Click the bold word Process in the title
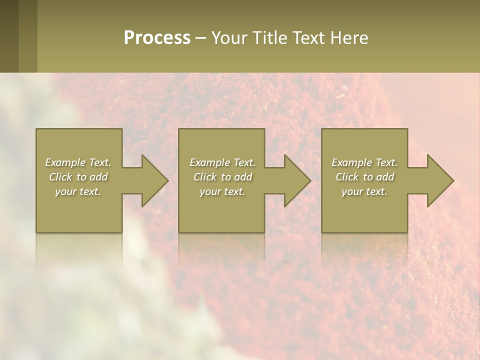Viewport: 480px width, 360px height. click(x=157, y=38)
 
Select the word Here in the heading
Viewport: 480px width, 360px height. click(x=349, y=38)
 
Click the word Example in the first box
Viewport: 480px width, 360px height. click(x=65, y=162)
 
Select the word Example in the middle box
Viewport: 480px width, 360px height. click(x=209, y=162)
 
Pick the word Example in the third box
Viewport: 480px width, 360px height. click(x=351, y=162)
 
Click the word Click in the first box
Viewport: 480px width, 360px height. click(x=60, y=177)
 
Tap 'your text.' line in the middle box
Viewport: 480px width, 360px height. click(x=222, y=191)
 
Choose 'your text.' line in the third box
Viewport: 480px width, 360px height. click(x=364, y=191)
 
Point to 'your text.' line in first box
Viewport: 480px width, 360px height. click(x=77, y=191)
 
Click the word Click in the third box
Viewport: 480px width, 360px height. click(x=347, y=177)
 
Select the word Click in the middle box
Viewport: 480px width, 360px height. click(x=205, y=177)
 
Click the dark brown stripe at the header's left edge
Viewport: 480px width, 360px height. click(x=9, y=36)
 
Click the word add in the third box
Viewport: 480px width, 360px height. click(x=385, y=177)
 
